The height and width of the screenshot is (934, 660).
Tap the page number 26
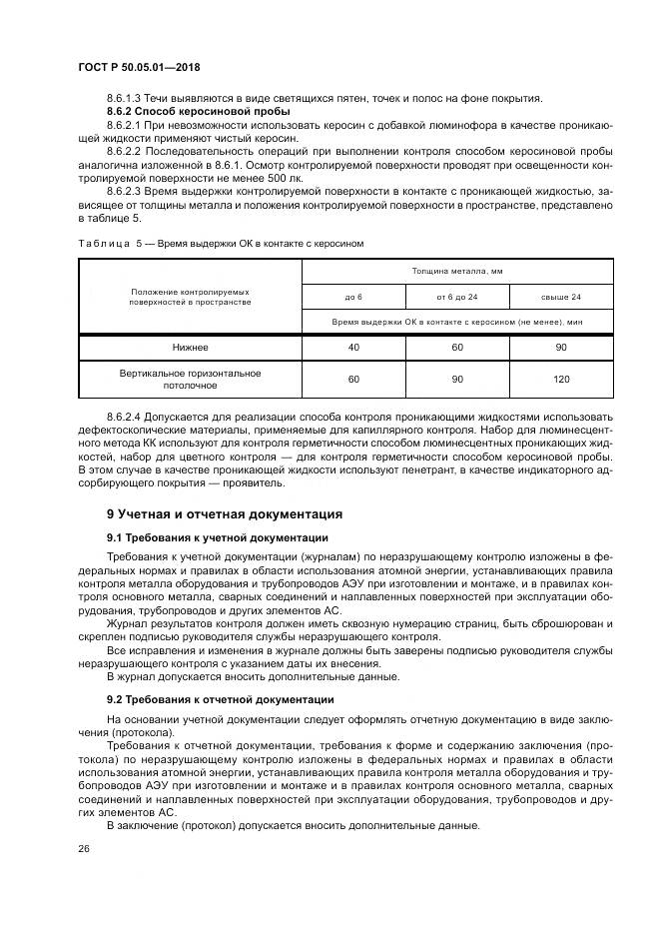(x=83, y=846)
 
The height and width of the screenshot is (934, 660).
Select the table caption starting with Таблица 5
(x=221, y=243)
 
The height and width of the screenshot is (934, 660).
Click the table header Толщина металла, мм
(x=457, y=271)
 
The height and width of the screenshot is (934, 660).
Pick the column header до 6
(x=353, y=297)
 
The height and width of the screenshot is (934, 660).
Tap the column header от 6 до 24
(x=456, y=297)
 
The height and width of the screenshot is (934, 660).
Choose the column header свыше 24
(x=560, y=297)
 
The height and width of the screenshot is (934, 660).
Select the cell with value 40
(x=353, y=348)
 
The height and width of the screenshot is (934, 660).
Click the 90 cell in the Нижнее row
(x=560, y=348)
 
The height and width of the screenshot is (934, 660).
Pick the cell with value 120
(x=560, y=380)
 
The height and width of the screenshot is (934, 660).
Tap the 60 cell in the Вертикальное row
(x=353, y=380)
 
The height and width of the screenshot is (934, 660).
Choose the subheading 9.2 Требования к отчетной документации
(x=220, y=699)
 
